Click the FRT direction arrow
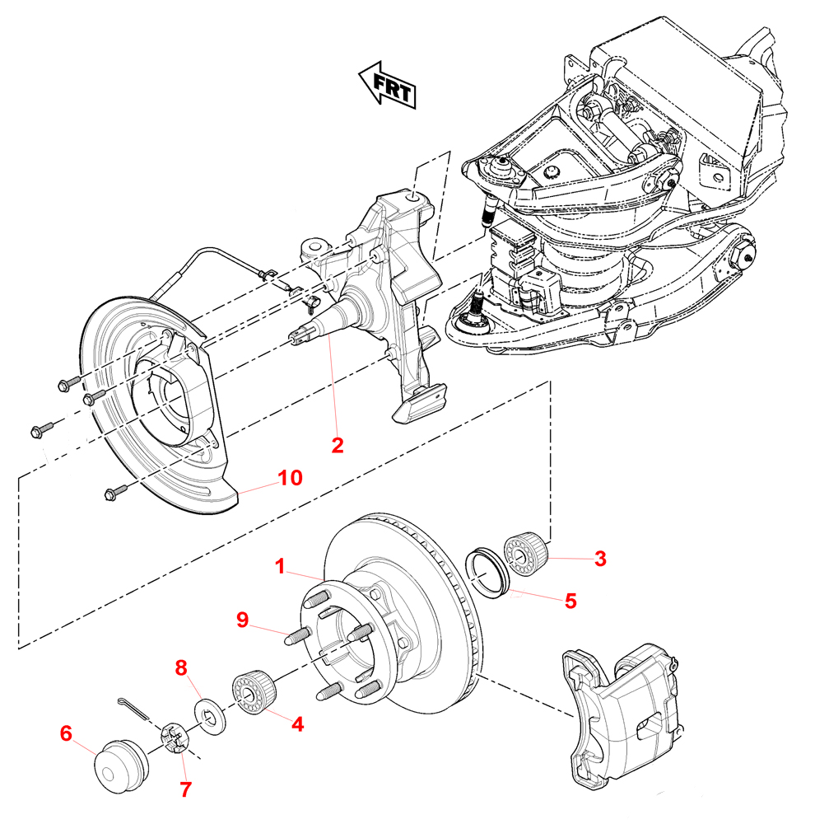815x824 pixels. tap(387, 84)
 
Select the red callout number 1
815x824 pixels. tap(280, 567)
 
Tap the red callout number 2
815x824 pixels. tap(337, 445)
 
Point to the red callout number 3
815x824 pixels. tap(601, 559)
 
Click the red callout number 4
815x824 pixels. tap(297, 724)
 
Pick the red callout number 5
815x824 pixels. tap(570, 601)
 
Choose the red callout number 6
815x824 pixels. tap(66, 732)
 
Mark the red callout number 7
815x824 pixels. tap(185, 789)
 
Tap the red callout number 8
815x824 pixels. tap(181, 667)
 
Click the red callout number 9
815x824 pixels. tap(242, 620)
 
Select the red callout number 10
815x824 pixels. tap(291, 477)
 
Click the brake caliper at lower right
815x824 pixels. tap(626, 717)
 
